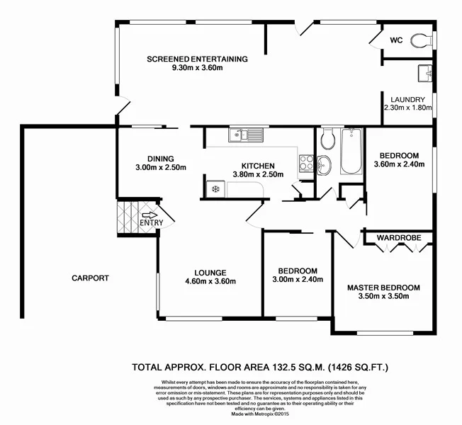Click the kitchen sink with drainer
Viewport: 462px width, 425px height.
click(x=246, y=134)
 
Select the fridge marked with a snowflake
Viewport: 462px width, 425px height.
click(x=215, y=188)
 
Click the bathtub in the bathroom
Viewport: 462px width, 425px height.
click(x=351, y=152)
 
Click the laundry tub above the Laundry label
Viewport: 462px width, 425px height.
click(x=425, y=72)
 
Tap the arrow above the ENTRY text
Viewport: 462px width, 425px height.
click(x=150, y=215)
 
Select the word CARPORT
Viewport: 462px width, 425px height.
click(x=90, y=278)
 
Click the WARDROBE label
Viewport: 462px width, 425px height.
click(x=395, y=238)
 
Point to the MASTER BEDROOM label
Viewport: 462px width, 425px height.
click(x=383, y=288)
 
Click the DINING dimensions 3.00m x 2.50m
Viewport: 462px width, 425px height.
click(x=161, y=168)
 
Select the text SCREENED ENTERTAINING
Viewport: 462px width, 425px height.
click(x=197, y=59)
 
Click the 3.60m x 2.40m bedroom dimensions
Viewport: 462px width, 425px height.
click(x=399, y=164)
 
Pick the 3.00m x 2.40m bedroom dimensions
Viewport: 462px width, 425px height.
click(x=298, y=279)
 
